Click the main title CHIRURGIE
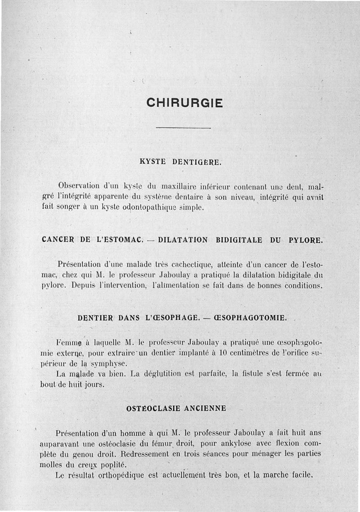tap(184, 103)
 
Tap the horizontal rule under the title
tap(183, 129)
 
